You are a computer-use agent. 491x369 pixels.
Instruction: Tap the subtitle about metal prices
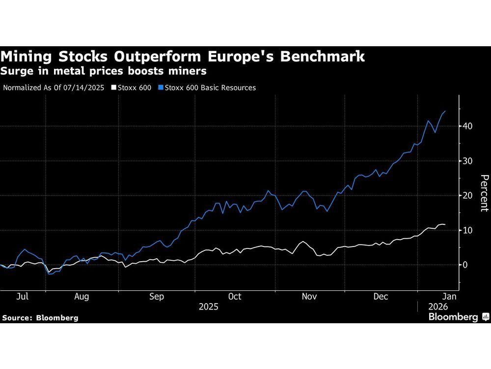pyautogui.click(x=104, y=72)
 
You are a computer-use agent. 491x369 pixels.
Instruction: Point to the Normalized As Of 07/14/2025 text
pyautogui.click(x=54, y=88)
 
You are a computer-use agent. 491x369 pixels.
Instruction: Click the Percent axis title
pyautogui.click(x=484, y=193)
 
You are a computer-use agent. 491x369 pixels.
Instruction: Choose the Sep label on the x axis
pyautogui.click(x=156, y=297)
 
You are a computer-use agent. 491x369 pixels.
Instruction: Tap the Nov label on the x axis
pyautogui.click(x=309, y=297)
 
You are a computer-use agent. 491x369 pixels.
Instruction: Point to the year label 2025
pyautogui.click(x=209, y=307)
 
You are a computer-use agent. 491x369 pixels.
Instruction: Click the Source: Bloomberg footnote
pyautogui.click(x=40, y=318)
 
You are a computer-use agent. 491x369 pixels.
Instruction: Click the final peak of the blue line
pyautogui.click(x=445, y=112)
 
